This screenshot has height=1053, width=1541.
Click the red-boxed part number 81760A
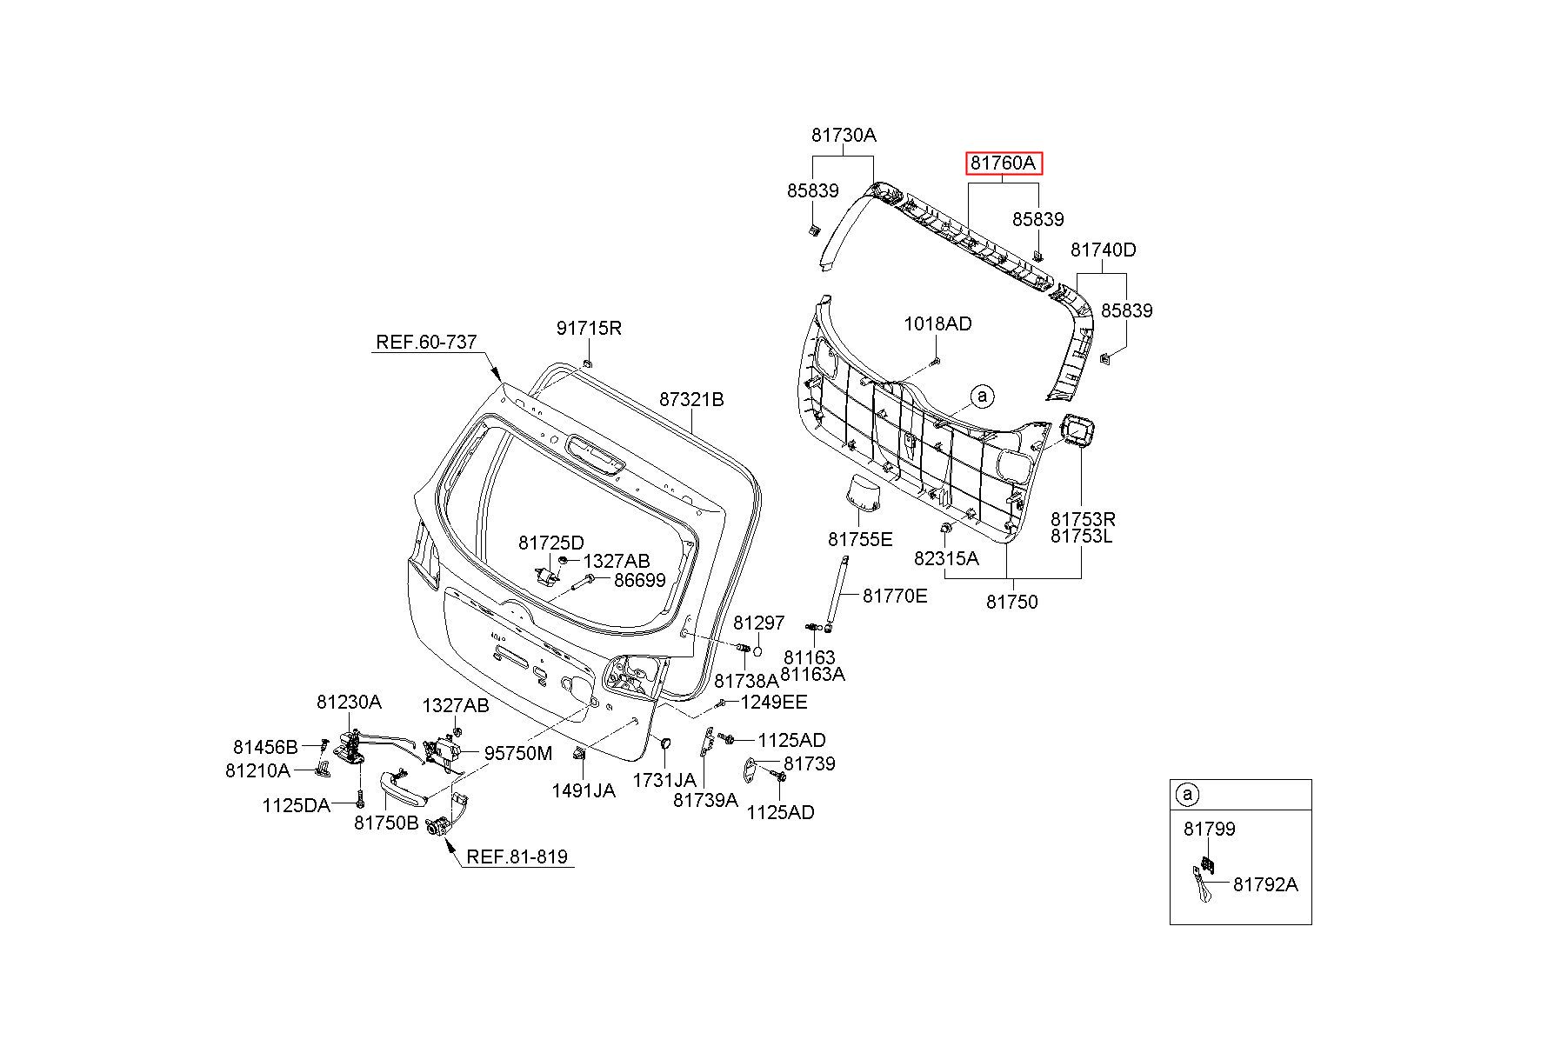(1003, 163)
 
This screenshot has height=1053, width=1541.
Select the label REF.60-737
(426, 342)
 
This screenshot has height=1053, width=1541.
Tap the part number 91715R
(589, 328)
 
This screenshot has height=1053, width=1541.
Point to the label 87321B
(691, 399)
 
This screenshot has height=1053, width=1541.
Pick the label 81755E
(860, 539)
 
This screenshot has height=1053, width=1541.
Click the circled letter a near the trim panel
(983, 396)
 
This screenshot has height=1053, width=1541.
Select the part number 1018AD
(937, 323)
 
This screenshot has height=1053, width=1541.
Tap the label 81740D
(1103, 250)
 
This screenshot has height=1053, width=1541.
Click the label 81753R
(1083, 519)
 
